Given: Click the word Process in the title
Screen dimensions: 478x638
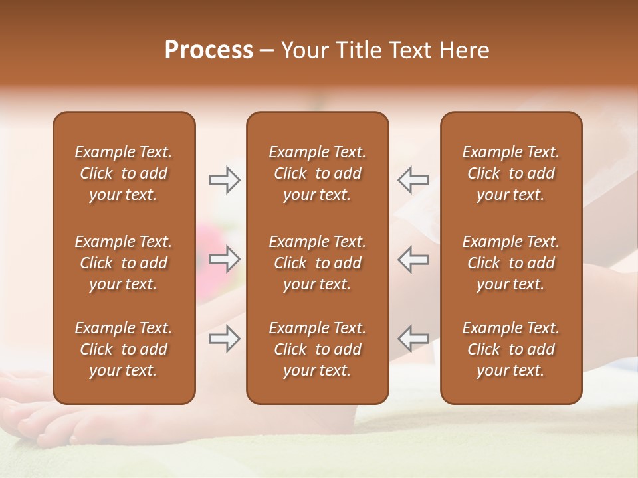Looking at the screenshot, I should (209, 50).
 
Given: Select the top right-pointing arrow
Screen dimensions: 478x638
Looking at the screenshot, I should (224, 180).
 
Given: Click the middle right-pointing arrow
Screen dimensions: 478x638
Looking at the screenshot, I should (224, 259).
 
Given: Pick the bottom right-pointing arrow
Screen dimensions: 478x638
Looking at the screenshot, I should (224, 339).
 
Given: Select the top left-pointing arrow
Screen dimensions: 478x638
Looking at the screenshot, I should (413, 180).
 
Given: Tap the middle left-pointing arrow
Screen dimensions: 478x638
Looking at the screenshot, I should (413, 259).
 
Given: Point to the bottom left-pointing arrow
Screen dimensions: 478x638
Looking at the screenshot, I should (413, 339).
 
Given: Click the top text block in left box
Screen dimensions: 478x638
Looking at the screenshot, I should (124, 173).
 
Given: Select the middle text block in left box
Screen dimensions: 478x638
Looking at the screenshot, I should (124, 263).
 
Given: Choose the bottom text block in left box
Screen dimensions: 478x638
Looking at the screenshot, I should (124, 349).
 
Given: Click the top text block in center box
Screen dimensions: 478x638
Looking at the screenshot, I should (317, 173).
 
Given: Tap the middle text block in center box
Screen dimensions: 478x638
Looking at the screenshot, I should (317, 263).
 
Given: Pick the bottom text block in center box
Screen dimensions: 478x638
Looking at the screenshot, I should (317, 349).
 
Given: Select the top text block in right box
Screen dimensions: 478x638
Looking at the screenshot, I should (510, 173).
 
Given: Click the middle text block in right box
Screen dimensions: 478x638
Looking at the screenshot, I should (510, 263).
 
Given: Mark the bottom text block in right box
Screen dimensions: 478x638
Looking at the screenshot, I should (510, 349).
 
